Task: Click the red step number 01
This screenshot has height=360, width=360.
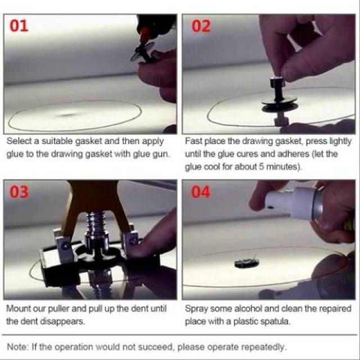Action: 19,26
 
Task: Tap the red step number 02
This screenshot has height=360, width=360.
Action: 201,26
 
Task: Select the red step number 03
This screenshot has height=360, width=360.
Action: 19,192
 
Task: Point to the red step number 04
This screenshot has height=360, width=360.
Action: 201,192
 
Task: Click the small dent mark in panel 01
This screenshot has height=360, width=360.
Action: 67,114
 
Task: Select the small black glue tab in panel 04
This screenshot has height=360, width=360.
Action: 246,263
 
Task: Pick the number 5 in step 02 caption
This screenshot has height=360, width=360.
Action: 261,166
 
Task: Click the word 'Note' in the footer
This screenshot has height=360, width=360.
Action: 17,346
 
